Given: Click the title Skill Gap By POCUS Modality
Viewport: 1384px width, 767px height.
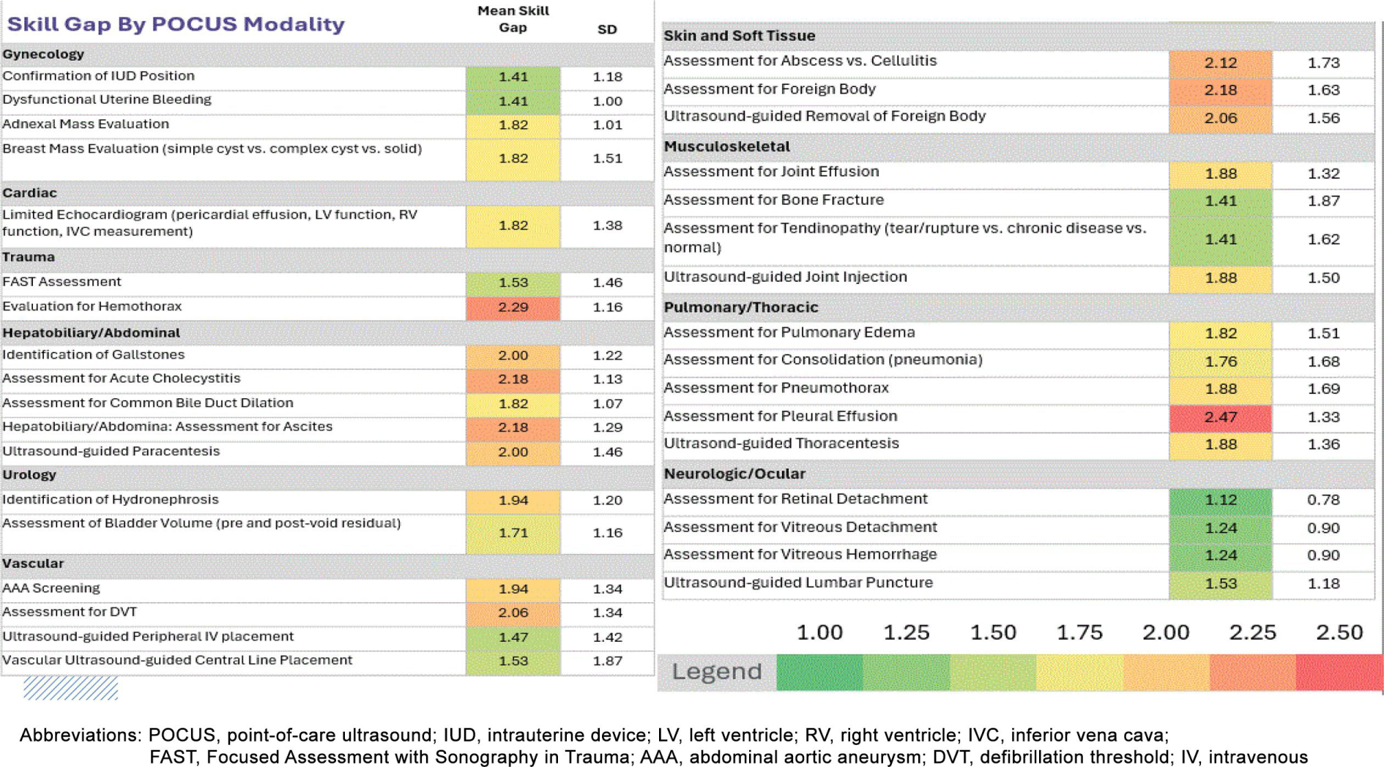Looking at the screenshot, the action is (x=176, y=24).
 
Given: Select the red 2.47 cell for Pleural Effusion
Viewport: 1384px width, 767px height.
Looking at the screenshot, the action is (x=1220, y=417).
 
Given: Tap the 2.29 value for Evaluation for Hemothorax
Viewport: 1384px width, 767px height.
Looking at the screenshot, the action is (x=513, y=307).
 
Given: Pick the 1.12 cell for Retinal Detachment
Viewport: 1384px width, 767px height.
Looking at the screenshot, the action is (x=1220, y=500).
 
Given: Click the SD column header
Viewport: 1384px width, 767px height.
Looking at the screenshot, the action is (x=607, y=29).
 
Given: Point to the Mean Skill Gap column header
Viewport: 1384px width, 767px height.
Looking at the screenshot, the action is (x=513, y=19).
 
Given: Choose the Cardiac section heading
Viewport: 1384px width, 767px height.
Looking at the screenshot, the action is (x=29, y=193).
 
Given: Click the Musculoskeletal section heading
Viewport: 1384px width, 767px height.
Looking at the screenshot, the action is (x=726, y=146).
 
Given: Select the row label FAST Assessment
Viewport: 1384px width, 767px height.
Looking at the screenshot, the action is (x=62, y=282).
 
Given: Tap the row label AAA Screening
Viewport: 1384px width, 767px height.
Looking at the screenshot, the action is (x=51, y=588).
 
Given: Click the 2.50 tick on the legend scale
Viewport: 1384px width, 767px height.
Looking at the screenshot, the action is (x=1339, y=632).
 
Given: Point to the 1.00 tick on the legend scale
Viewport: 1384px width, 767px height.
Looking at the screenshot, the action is (x=819, y=632).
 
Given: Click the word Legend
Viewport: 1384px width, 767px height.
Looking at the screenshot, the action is (x=717, y=671).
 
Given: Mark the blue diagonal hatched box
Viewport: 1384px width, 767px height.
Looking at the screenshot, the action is (x=70, y=688).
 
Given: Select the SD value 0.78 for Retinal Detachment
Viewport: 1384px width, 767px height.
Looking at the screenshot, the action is (x=1323, y=500).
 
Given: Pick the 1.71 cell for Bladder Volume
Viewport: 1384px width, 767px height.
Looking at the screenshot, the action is (x=513, y=533).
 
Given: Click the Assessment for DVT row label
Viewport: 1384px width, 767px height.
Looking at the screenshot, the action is (x=70, y=612).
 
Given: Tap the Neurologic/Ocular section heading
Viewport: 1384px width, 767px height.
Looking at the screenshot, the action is (x=734, y=474).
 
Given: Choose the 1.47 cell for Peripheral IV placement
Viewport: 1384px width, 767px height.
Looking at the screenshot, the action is (x=513, y=637).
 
